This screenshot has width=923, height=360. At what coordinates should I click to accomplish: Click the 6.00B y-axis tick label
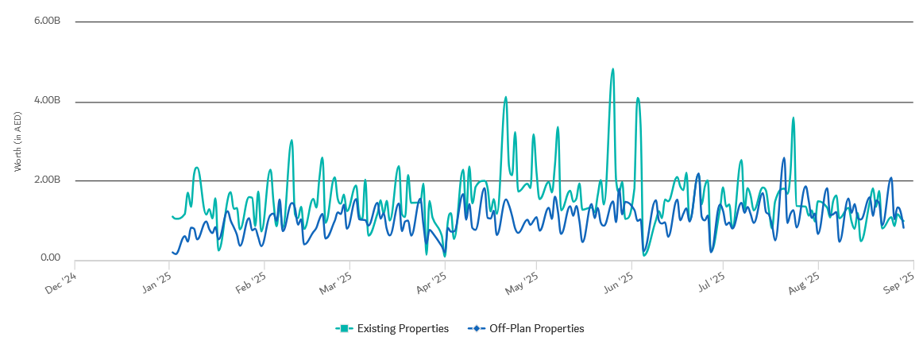pos(48,21)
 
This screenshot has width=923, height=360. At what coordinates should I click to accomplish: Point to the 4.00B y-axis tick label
pos(48,101)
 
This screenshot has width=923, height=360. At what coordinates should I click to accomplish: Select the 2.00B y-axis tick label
pos(48,180)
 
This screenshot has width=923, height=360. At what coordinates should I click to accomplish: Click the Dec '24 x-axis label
pos(60,283)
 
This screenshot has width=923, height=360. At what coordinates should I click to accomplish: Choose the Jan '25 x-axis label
pos(156,283)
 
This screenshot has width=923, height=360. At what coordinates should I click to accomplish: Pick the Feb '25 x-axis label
pos(250,283)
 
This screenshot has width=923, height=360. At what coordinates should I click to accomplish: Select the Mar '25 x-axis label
pos(334,283)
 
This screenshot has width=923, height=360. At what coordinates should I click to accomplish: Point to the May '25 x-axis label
pos(521,283)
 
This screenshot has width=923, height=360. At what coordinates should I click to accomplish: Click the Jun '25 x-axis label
pos(617,283)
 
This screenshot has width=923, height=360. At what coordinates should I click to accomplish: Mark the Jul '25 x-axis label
pos(709,283)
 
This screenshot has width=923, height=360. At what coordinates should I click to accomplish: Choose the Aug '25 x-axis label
pos(803,283)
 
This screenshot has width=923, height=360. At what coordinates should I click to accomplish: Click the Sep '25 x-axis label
pos(898,283)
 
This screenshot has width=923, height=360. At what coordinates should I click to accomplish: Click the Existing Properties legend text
pos(403,328)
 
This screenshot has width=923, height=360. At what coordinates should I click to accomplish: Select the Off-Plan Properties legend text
pos(536,328)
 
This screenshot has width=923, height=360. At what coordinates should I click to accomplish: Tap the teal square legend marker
pos(344,328)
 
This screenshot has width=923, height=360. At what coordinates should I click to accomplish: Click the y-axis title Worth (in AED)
pos(17,141)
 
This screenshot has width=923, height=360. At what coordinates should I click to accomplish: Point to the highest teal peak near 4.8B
pos(612,69)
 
